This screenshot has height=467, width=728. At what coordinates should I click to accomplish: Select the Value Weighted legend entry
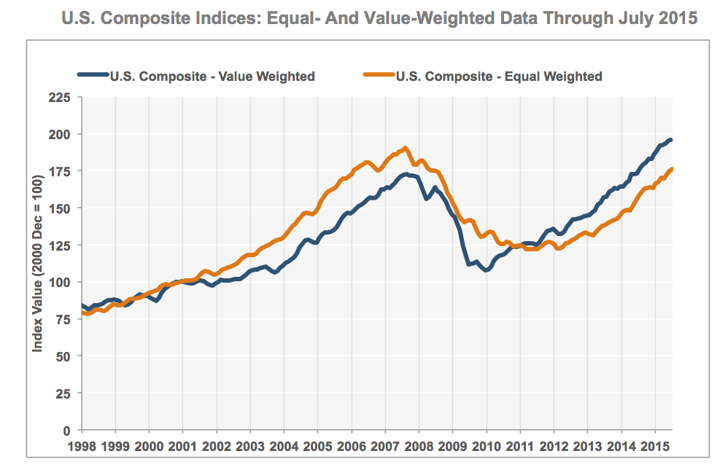pyautogui.click(x=212, y=76)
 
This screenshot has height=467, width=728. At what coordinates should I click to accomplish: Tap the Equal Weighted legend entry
pyautogui.click(x=499, y=76)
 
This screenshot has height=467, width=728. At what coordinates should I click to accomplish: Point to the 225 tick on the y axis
pyautogui.click(x=61, y=97)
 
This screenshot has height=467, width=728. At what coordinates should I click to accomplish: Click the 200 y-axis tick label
pyautogui.click(x=61, y=134)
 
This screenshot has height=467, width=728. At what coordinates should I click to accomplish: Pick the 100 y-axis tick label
pyautogui.click(x=61, y=282)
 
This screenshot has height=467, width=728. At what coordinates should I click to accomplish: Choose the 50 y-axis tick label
pyautogui.click(x=63, y=356)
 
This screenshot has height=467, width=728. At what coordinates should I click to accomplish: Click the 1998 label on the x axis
pyautogui.click(x=82, y=444)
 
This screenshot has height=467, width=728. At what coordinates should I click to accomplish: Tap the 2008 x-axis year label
pyautogui.click(x=419, y=444)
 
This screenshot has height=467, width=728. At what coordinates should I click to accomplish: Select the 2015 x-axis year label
pyautogui.click(x=654, y=444)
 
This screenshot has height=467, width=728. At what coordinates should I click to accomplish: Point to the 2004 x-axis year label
pyautogui.click(x=284, y=444)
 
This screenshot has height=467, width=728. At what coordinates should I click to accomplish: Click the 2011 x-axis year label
pyautogui.click(x=519, y=444)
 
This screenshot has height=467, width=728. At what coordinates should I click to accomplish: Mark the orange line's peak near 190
pyautogui.click(x=406, y=148)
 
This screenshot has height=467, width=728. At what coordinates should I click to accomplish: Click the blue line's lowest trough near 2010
pyautogui.click(x=486, y=270)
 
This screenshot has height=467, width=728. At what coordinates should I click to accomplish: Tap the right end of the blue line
pyautogui.click(x=671, y=140)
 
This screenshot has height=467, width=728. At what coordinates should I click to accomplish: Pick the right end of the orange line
pyautogui.click(x=671, y=169)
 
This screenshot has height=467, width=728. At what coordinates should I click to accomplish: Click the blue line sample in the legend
pyautogui.click(x=93, y=76)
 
